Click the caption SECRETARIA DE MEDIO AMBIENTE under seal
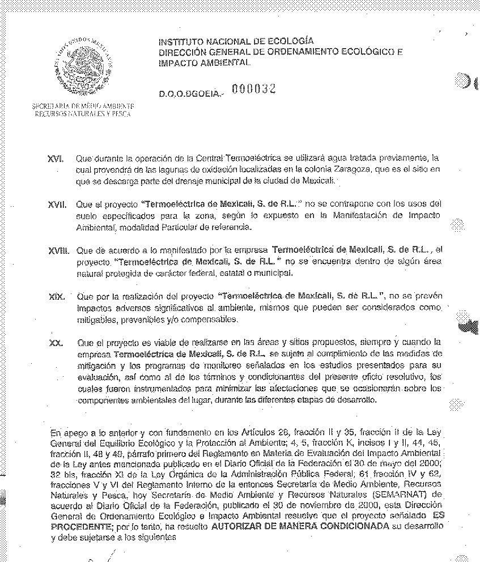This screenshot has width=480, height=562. point(83,106)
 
